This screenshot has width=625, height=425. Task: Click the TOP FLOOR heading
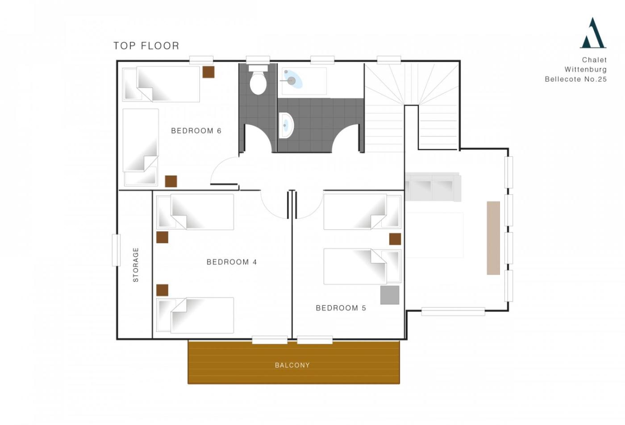[146, 46]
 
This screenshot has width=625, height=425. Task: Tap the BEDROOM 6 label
[196, 131]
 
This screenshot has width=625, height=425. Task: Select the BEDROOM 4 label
[232, 262]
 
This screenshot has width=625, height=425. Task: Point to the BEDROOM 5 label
[341, 308]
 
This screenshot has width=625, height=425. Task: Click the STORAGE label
[136, 265]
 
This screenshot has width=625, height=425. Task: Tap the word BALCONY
[292, 365]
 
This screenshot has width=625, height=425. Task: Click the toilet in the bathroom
[258, 80]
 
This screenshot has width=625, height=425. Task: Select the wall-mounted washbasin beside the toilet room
[286, 125]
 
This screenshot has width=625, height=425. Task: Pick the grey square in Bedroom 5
[389, 295]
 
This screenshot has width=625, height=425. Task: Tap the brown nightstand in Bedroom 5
[395, 239]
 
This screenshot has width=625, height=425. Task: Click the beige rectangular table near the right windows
[493, 238]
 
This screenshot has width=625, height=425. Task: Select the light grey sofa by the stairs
[433, 187]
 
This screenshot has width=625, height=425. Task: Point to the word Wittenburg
[586, 70]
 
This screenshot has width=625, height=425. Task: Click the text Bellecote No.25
[576, 79]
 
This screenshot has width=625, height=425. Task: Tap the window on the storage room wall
[117, 250]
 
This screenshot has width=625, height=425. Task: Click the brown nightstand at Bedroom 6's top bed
[208, 72]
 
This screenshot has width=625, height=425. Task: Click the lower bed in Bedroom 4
[195, 315]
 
